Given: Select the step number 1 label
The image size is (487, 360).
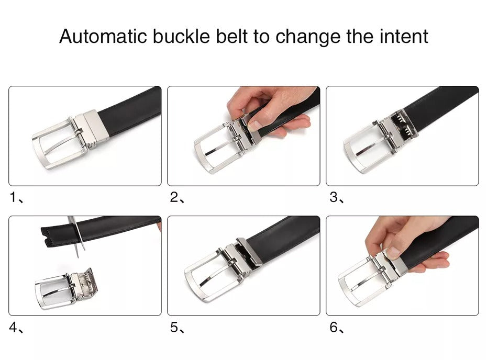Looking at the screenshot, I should [x=14, y=198].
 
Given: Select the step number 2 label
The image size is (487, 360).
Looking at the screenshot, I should [x=174, y=198].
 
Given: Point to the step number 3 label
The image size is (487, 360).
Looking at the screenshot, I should [x=334, y=198].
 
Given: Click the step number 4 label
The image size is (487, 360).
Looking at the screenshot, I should [x=14, y=328].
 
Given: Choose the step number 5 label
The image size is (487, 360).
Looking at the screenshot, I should [x=174, y=328].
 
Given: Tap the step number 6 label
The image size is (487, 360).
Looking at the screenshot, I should [x=334, y=328].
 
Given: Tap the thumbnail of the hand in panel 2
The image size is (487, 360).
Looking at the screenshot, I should [x=254, y=125].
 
